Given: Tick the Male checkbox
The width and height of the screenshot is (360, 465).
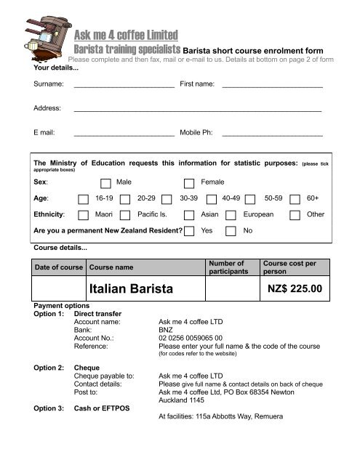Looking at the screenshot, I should (106, 182).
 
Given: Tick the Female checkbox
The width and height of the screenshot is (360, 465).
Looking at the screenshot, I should (189, 182).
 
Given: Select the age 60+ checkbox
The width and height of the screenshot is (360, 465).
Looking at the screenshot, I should (294, 198).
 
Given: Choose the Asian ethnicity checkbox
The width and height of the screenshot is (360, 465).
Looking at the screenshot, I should (189, 215).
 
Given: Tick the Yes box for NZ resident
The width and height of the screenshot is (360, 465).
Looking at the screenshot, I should (189, 232).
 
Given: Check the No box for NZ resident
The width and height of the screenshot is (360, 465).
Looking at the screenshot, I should (231, 232).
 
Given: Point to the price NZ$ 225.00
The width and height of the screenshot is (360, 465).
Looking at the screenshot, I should (294, 291).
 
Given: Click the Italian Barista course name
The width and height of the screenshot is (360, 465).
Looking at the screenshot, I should (132, 291).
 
